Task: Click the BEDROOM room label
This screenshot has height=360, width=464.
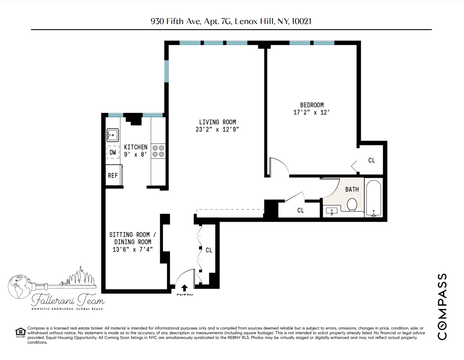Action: [311, 105]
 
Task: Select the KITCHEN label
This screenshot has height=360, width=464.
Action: [135, 147]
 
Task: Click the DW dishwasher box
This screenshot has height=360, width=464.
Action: [113, 153]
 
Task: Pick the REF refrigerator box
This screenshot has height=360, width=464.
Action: [113, 176]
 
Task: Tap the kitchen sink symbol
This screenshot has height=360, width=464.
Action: [113, 135]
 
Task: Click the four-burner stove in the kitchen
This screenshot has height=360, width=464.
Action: [158, 151]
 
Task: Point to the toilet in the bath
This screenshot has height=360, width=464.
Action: [352, 204]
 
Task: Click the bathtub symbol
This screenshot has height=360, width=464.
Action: [373, 199]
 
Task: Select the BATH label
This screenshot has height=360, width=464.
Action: [352, 189]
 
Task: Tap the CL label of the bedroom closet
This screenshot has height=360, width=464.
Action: [372, 160]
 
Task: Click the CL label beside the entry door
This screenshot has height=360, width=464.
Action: [209, 250]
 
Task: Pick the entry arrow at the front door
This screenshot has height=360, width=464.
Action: [185, 288]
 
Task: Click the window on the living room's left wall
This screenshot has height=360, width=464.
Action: [167, 72]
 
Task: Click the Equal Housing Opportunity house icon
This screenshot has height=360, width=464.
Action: [20, 332]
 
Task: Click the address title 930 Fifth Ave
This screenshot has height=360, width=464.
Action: [231, 21]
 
